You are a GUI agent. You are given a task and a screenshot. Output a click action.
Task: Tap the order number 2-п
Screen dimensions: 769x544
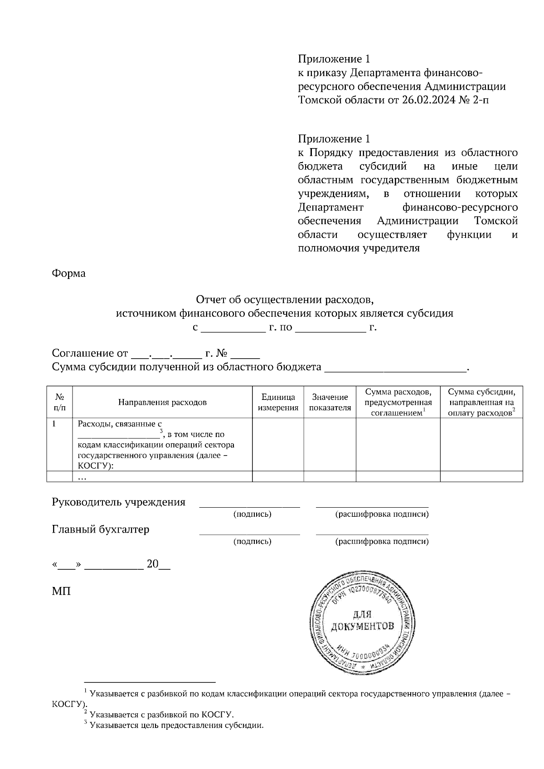point(481,100)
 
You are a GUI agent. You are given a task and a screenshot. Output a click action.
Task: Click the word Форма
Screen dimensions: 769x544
point(69,274)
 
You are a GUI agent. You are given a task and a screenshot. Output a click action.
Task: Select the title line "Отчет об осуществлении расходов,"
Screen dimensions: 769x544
point(284,300)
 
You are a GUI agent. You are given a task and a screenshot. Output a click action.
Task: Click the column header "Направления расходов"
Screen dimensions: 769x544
point(162,402)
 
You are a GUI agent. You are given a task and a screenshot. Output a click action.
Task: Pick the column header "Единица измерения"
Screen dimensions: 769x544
point(278,402)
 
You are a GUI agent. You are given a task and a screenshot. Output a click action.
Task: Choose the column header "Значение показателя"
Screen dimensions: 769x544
point(330,402)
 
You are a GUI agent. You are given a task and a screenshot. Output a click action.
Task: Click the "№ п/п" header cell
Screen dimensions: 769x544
point(59,402)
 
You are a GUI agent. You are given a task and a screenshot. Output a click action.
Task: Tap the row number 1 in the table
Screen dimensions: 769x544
point(54,424)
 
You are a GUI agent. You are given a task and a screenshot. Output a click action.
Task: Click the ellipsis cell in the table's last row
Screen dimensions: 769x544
point(82,476)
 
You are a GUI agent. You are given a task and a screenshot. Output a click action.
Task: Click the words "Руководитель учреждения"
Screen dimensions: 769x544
point(119,502)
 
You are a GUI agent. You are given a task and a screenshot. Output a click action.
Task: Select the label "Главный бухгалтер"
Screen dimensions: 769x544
point(101,529)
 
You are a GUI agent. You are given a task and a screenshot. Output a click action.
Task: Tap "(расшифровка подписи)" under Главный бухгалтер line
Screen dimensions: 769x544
point(382,541)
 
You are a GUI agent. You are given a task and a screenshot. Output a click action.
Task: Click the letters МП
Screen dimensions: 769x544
point(61,591)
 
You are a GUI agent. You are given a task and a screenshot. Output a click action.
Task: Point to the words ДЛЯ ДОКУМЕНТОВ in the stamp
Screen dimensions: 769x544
point(362,621)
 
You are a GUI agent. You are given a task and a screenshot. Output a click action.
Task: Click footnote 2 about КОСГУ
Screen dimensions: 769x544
point(161,715)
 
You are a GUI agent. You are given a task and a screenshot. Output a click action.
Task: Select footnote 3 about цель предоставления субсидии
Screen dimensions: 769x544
point(176,725)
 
